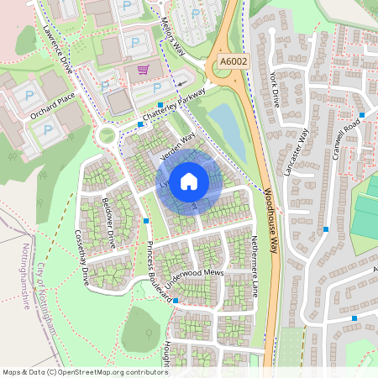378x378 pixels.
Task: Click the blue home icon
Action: click(x=189, y=181)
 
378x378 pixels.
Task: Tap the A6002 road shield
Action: click(x=234, y=60)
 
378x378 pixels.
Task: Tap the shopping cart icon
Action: click(x=144, y=69)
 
